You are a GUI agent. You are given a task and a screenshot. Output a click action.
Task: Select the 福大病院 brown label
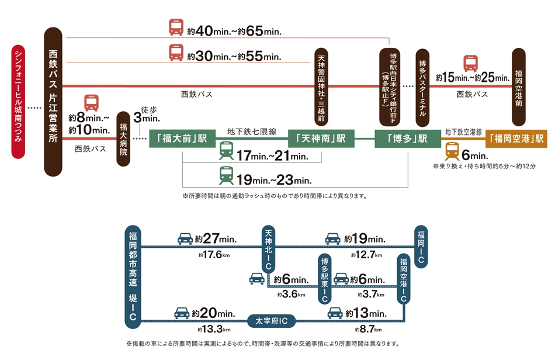124,139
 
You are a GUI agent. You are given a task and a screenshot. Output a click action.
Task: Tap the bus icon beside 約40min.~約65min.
176,28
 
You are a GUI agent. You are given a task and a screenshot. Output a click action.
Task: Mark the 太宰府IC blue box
272,320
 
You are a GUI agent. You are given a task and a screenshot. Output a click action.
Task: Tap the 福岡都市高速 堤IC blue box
134,276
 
